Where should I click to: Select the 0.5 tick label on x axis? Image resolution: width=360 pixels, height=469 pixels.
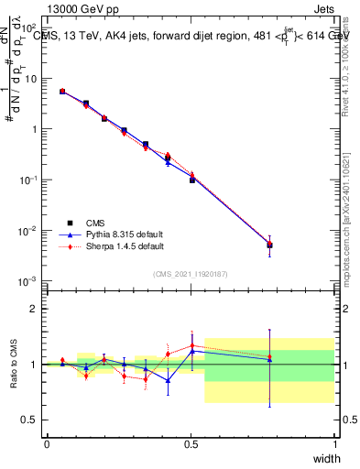pyautogui.click(x=191, y=444)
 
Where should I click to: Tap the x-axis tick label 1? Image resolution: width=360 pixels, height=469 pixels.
pyautogui.click(x=334, y=444)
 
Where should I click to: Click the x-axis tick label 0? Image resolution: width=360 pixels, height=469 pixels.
pyautogui.click(x=47, y=444)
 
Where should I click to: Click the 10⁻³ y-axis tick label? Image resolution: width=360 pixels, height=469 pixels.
pyautogui.click(x=30, y=280)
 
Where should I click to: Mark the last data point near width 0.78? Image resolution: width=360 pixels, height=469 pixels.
pyautogui.click(x=269, y=245)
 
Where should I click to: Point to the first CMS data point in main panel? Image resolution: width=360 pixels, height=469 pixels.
pyautogui.click(x=62, y=92)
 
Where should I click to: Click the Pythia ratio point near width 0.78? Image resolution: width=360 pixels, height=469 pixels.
pyautogui.click(x=269, y=359)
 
